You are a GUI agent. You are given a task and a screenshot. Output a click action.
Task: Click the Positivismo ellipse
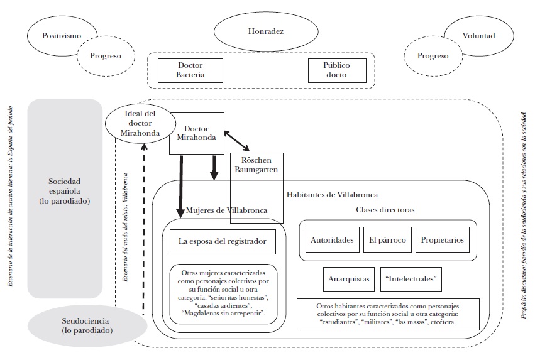point(61,36)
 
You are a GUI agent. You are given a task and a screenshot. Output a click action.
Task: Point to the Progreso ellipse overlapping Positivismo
point(105,55)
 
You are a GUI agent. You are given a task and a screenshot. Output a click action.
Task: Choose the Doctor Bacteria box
point(190,70)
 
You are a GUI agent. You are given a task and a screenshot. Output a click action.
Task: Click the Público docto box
point(336,70)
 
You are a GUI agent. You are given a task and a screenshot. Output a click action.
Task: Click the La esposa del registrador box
point(223,241)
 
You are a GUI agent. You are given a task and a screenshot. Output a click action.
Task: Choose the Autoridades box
point(332,240)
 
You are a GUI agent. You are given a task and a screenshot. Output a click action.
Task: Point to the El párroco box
point(387,240)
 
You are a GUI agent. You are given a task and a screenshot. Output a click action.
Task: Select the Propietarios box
point(443,240)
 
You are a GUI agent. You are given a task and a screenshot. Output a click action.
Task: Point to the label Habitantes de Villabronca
point(331,195)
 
